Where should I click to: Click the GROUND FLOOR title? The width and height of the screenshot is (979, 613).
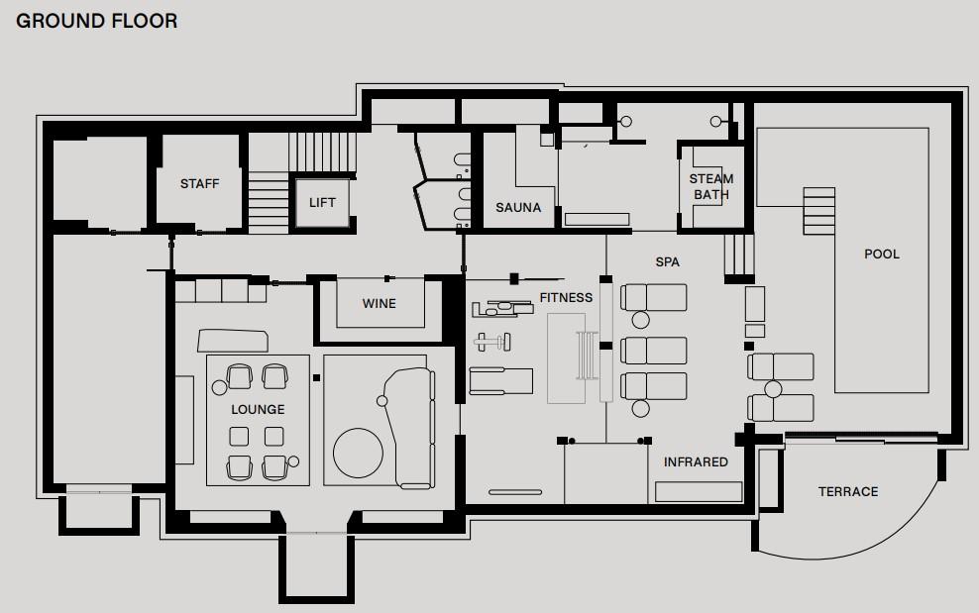(97, 21)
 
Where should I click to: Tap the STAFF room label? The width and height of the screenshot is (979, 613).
(200, 183)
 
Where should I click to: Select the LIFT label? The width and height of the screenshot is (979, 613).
(322, 202)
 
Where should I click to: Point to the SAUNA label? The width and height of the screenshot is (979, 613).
(518, 207)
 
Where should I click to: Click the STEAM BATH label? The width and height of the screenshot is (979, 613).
(711, 186)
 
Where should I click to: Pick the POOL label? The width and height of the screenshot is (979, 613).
(882, 255)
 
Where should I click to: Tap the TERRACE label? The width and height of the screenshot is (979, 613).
(848, 492)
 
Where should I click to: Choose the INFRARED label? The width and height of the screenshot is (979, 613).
(696, 461)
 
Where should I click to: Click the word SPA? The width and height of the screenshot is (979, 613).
(668, 262)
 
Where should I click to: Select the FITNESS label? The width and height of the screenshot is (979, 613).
(567, 298)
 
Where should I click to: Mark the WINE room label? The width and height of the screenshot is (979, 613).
(379, 303)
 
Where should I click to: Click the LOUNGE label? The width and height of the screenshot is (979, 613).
(258, 410)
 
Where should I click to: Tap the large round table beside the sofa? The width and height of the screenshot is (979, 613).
(359, 454)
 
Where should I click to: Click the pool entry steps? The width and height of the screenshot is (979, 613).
(818, 211)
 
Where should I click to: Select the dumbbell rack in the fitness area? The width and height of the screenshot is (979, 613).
(492, 342)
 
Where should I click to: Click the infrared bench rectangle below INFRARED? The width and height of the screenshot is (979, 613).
(699, 492)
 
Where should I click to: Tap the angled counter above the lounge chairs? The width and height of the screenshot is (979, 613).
(233, 341)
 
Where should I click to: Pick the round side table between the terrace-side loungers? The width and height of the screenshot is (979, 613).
(773, 389)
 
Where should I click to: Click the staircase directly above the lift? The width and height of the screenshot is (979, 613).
(322, 152)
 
